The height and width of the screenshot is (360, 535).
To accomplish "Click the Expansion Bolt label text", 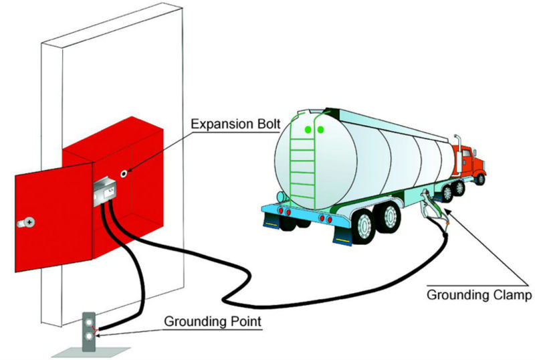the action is click(x=235, y=124).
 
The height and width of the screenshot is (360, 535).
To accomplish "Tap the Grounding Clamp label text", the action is click(x=479, y=295).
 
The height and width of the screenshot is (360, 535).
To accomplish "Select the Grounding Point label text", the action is click(x=213, y=321).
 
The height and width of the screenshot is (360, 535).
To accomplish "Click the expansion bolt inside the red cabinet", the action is click(x=124, y=173).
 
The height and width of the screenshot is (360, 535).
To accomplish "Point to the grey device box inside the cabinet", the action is click(x=105, y=191).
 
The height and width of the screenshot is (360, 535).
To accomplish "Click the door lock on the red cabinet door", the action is click(x=26, y=223).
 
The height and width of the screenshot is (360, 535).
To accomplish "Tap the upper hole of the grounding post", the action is click(x=90, y=322).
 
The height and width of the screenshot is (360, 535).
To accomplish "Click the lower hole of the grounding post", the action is click(x=90, y=337).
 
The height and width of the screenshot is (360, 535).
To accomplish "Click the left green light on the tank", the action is click(x=308, y=129).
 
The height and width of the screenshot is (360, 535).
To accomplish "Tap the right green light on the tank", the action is click(x=320, y=129).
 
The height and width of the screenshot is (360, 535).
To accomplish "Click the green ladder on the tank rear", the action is click(x=302, y=161).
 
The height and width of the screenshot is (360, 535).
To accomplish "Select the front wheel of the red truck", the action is click(x=480, y=179).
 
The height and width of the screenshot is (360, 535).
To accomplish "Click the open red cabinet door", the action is click(x=53, y=217).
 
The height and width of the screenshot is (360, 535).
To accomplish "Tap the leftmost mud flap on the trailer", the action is click(x=272, y=220).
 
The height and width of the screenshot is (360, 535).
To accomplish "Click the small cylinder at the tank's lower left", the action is click(x=281, y=197).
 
